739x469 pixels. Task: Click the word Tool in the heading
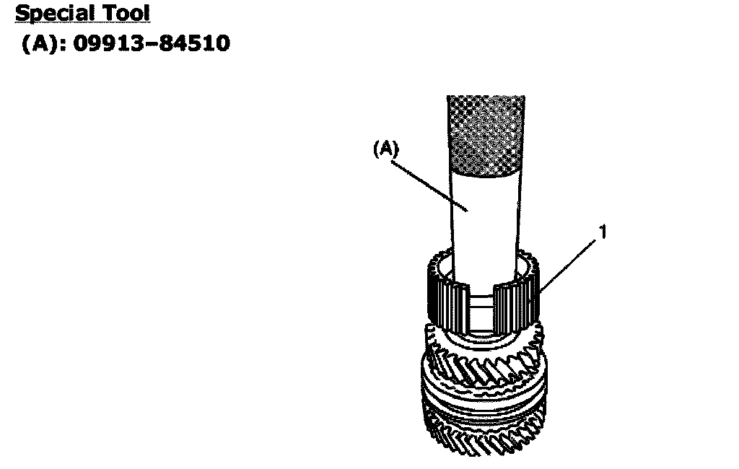point(128,13)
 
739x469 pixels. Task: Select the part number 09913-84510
point(152,43)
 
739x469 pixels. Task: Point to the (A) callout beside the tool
point(385,149)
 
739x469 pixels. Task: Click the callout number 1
point(603,232)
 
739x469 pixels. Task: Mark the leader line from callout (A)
point(429,185)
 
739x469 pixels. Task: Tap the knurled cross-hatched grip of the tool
point(486,135)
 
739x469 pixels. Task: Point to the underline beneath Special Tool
point(83,22)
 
